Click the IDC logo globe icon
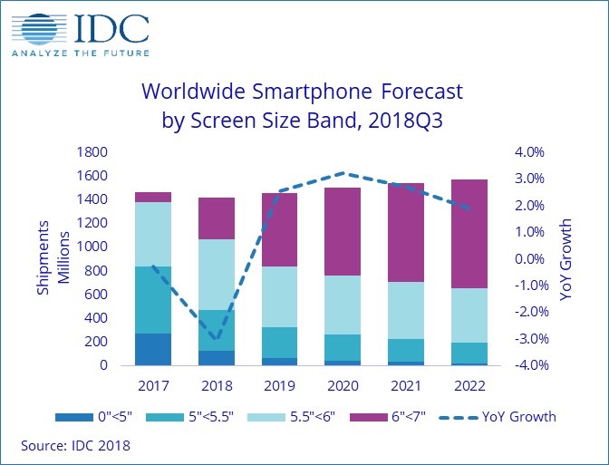click(x=34, y=27)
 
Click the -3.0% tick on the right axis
click(x=529, y=339)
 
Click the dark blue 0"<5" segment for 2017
click(x=154, y=349)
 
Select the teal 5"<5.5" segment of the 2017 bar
click(x=154, y=300)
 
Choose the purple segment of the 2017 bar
click(x=154, y=197)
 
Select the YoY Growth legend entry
click(x=498, y=418)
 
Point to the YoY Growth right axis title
click(x=567, y=258)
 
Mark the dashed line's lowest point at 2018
click(x=217, y=340)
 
